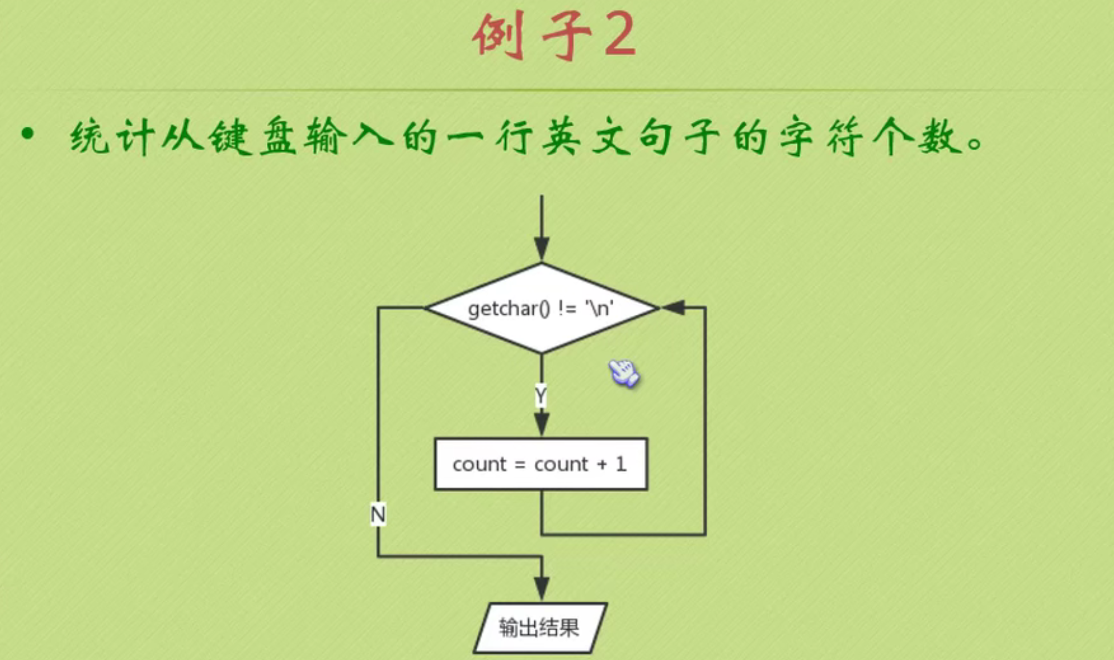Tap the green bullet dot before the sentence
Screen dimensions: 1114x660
[x=27, y=135]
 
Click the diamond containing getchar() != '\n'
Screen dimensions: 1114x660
[x=541, y=308]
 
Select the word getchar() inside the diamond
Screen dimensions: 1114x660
[x=508, y=309]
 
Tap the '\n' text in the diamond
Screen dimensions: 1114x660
[x=599, y=309]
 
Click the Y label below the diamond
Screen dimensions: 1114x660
[x=541, y=395]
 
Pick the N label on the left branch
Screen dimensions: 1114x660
[x=378, y=515]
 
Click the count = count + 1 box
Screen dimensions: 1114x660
[x=541, y=464]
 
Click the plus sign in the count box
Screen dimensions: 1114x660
[x=602, y=464]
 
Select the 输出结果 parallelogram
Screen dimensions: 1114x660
[x=540, y=627]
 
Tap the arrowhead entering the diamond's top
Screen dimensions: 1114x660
[x=541, y=250]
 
